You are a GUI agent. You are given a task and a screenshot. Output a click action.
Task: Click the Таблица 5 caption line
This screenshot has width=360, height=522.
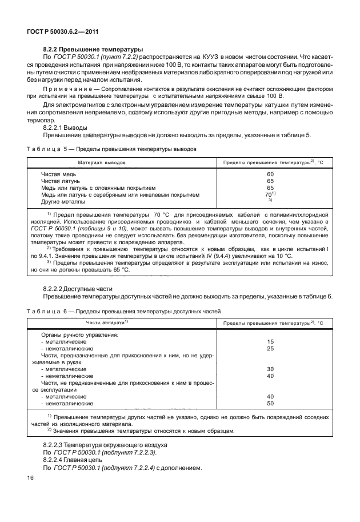click(112, 149)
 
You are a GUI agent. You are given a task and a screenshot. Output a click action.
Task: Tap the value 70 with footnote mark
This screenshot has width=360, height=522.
click(270, 194)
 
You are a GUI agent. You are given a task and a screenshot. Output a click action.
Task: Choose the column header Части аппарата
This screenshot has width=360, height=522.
click(106, 322)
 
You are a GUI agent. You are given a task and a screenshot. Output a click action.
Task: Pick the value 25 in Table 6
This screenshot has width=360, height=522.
click(270, 348)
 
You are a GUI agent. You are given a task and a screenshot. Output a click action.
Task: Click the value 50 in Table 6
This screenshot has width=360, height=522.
click(270, 404)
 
